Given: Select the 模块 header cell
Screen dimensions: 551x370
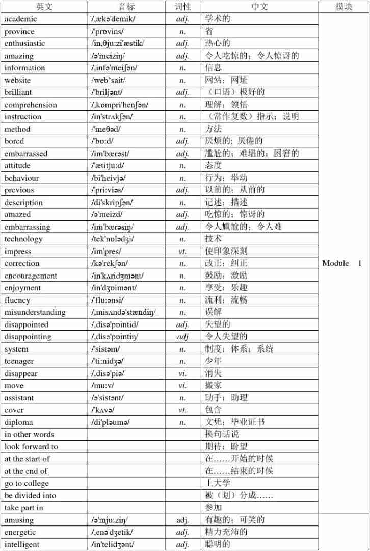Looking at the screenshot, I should pyautogui.click(x=344, y=7).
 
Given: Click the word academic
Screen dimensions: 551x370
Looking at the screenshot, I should pyautogui.click(x=21, y=19).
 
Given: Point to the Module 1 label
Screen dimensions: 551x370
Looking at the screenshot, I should pyautogui.click(x=342, y=263).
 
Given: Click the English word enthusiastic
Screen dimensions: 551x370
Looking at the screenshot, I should pyautogui.click(x=24, y=43).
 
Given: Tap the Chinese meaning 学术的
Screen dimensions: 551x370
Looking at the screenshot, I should pyautogui.click(x=218, y=19).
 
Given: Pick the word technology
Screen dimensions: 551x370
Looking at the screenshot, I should pyautogui.click(x=23, y=239).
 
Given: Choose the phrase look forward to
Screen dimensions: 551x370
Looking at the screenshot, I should pyautogui.click(x=31, y=446).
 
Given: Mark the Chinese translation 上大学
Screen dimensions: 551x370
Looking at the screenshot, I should pyautogui.click(x=218, y=483).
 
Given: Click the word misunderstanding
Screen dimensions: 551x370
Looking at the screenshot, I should pyautogui.click(x=35, y=312).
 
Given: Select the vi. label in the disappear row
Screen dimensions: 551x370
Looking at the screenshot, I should pyautogui.click(x=182, y=373).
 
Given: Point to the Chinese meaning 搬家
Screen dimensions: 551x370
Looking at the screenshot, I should pyautogui.click(x=214, y=385).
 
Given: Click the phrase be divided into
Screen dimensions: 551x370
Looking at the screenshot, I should pyautogui.click(x=31, y=495).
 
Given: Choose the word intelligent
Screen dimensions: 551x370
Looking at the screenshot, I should pyautogui.click(x=22, y=544).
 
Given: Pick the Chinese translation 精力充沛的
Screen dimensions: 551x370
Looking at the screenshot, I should pyautogui.click(x=226, y=532).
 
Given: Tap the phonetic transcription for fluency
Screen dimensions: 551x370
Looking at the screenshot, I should pyautogui.click(x=108, y=300).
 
